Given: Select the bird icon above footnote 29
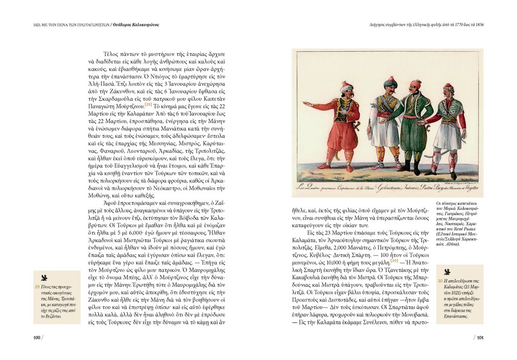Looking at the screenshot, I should coord(44,278).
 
